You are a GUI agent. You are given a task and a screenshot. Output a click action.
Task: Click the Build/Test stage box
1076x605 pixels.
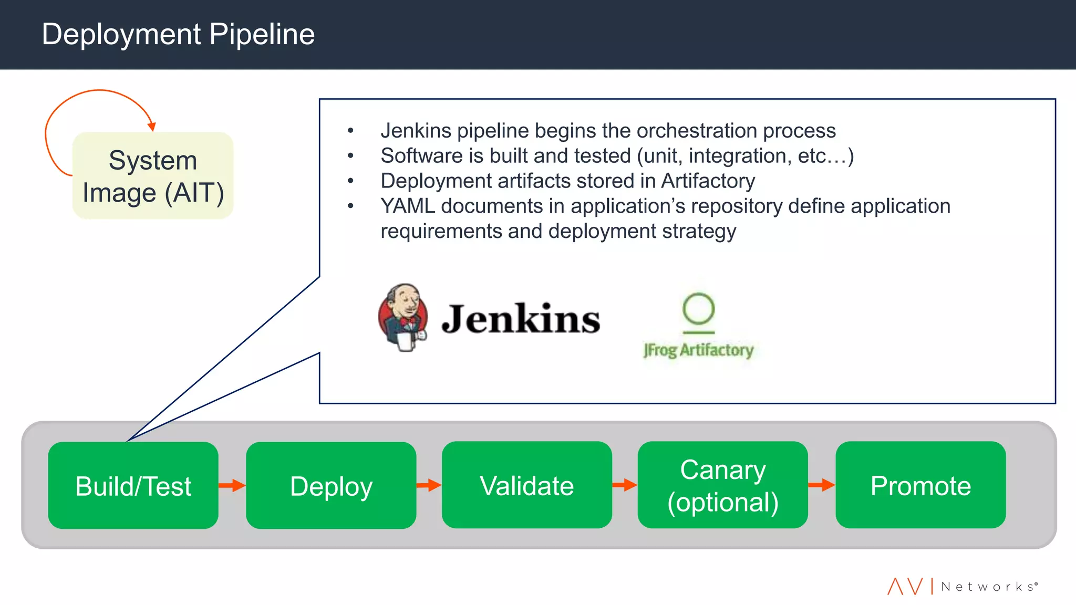[x=133, y=485]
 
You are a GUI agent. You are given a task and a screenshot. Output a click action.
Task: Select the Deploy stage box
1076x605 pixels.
[x=331, y=485]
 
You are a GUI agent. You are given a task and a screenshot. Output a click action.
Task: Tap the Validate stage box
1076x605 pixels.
[x=526, y=485]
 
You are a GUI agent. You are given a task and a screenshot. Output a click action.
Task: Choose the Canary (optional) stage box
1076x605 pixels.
[x=722, y=485]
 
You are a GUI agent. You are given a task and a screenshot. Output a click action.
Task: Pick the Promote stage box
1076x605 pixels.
[x=920, y=485]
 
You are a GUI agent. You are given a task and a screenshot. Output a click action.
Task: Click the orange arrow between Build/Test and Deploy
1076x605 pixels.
[x=232, y=485]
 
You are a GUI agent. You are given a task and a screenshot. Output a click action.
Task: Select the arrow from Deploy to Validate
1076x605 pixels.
[x=429, y=485]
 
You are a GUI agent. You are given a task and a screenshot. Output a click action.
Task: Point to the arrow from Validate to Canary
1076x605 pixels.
[x=625, y=485]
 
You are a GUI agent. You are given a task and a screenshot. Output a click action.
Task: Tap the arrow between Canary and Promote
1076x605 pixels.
[x=822, y=485]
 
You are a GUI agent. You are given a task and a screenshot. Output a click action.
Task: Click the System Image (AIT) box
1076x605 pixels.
[x=153, y=176]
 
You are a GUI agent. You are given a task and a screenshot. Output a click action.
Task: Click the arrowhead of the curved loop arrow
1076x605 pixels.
[x=152, y=126]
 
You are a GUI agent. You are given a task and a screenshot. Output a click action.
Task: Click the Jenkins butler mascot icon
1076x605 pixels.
[x=403, y=317]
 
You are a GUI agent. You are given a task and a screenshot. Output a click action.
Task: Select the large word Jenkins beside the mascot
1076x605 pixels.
[x=521, y=319]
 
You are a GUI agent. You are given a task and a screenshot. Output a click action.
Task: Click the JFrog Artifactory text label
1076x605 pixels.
[x=698, y=350]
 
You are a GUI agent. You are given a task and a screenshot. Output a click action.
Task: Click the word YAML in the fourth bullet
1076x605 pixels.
[x=408, y=206]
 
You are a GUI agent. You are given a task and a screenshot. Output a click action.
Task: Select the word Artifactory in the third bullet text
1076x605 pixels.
[x=708, y=181]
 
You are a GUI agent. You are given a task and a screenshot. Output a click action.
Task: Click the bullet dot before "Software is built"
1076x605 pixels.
[x=350, y=155]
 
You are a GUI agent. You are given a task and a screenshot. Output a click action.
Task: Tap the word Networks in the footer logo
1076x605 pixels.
[x=987, y=587]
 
